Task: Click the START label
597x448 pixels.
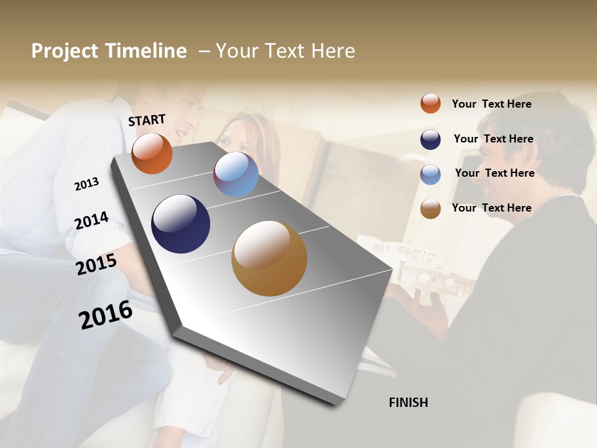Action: click(x=147, y=120)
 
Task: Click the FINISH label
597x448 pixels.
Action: click(x=408, y=403)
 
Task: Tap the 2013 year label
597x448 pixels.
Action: click(x=86, y=184)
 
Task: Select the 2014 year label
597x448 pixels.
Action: click(x=91, y=220)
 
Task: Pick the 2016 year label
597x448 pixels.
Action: click(x=106, y=314)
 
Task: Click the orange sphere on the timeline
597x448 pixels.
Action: click(x=152, y=154)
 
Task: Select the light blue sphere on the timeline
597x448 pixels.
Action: click(x=236, y=174)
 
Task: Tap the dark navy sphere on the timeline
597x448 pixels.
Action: click(x=180, y=224)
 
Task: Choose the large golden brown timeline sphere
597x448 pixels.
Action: click(x=269, y=258)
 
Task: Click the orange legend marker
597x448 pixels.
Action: click(x=430, y=103)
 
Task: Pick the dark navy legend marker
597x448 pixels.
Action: click(x=430, y=139)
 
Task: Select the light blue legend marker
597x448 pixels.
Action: click(x=430, y=174)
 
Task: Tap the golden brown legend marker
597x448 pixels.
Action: click(x=430, y=208)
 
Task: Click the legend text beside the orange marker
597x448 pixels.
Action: click(x=491, y=104)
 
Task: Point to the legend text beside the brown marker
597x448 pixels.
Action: click(x=491, y=208)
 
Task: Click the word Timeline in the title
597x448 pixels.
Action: click(x=146, y=51)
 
